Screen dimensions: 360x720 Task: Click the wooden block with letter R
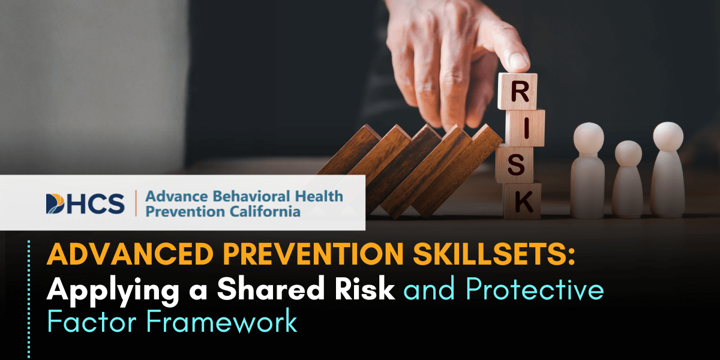(x=517, y=92)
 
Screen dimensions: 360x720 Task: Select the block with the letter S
(x=515, y=164)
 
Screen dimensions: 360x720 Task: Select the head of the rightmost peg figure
(x=668, y=136)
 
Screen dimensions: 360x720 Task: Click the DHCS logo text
(x=85, y=203)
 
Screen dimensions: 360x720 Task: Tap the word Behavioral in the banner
(x=248, y=196)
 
